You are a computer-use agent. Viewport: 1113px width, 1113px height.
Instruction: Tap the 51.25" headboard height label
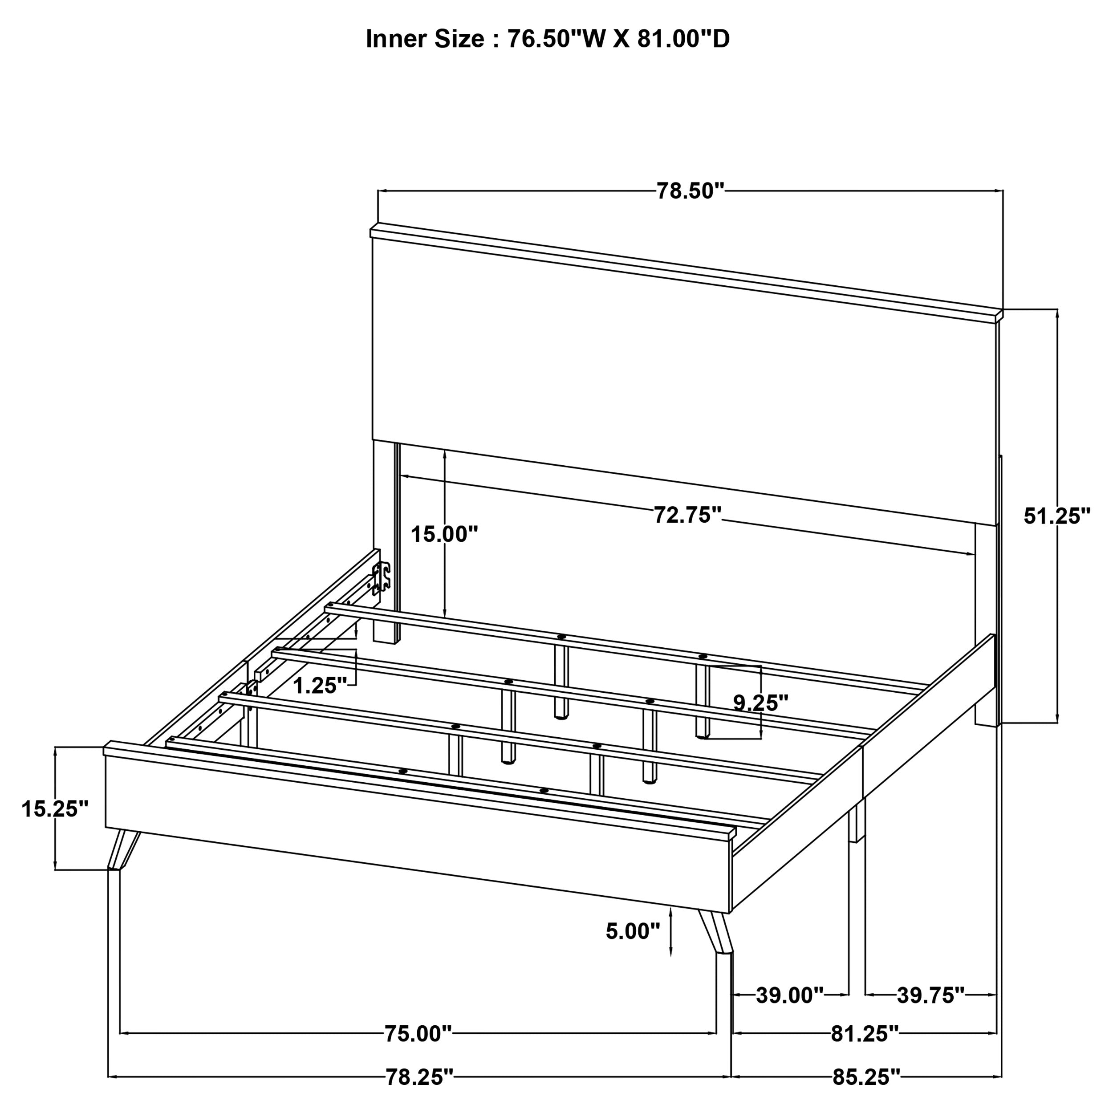(1056, 516)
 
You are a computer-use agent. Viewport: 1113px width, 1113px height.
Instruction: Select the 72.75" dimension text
(687, 515)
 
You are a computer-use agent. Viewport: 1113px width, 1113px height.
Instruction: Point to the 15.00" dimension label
(444, 534)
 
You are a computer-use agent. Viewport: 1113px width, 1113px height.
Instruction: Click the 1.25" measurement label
(320, 686)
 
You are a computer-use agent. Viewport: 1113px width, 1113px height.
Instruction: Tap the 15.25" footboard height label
(55, 809)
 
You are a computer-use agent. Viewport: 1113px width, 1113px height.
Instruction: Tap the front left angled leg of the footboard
(122, 850)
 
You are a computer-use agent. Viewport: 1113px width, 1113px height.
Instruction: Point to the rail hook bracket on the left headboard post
(381, 578)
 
